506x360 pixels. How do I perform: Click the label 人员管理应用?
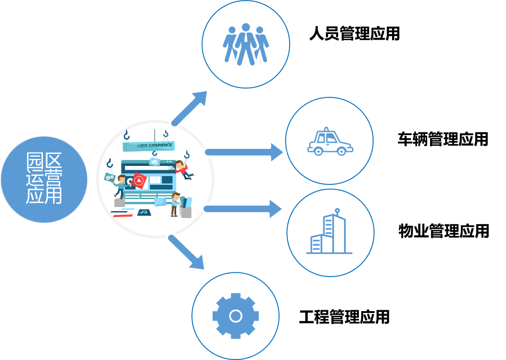pyautogui.click(x=354, y=34)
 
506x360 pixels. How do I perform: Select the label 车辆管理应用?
pyautogui.click(x=443, y=139)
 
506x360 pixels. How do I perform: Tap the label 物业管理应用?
pyautogui.click(x=444, y=231)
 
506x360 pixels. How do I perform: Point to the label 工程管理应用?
pyautogui.click(x=344, y=317)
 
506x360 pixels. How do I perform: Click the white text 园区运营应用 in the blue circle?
pyautogui.click(x=44, y=178)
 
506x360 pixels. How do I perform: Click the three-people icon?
pyautogui.click(x=246, y=44)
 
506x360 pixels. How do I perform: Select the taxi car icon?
pyautogui.click(x=330, y=142)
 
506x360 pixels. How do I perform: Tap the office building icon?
pyautogui.click(x=329, y=231)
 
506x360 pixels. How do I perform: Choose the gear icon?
pyautogui.click(x=236, y=316)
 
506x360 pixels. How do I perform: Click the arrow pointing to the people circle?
pyautogui.click(x=190, y=108)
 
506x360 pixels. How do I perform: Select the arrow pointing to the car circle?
pyautogui.click(x=244, y=152)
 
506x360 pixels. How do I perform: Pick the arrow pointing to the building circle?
pyautogui.click(x=243, y=209)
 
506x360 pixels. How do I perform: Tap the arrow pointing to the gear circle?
pyautogui.click(x=186, y=252)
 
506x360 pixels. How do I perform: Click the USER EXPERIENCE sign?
pyautogui.click(x=149, y=146)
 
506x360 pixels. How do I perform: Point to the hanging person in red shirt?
pyautogui.click(x=183, y=169)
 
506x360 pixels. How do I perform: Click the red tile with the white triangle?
pyautogui.click(x=139, y=181)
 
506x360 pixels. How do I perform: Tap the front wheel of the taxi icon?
pyautogui.click(x=318, y=151)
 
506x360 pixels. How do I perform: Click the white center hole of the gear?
pyautogui.click(x=236, y=316)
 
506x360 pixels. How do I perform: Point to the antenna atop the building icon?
pyautogui.click(x=337, y=211)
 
